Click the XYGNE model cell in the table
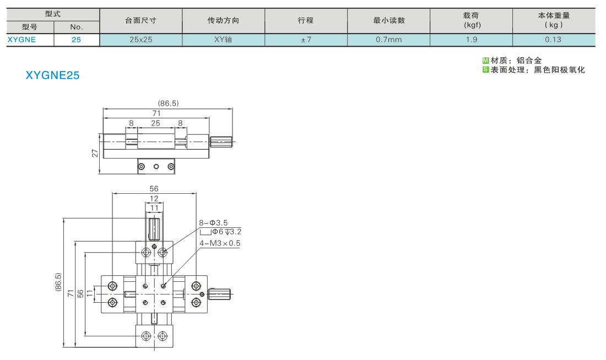tap(21, 40)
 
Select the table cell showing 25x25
tap(140, 40)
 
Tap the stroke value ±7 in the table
tap(306, 40)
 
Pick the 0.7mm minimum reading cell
tap(389, 40)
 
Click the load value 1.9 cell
tap(472, 40)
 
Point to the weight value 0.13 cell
tap(554, 40)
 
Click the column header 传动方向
tap(223, 20)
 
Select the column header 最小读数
tap(389, 20)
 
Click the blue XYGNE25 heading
tap(52, 75)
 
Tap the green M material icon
tap(486, 60)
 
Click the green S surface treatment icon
tap(486, 69)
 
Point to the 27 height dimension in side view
tap(95, 154)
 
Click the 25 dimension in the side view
tap(155, 123)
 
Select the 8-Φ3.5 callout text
tap(213, 223)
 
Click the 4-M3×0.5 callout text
tap(219, 243)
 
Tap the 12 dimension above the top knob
tap(154, 199)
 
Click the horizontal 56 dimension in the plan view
tap(154, 188)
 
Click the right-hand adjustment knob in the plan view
tap(219, 294)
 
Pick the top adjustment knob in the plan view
tap(154, 230)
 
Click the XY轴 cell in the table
tap(223, 40)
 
